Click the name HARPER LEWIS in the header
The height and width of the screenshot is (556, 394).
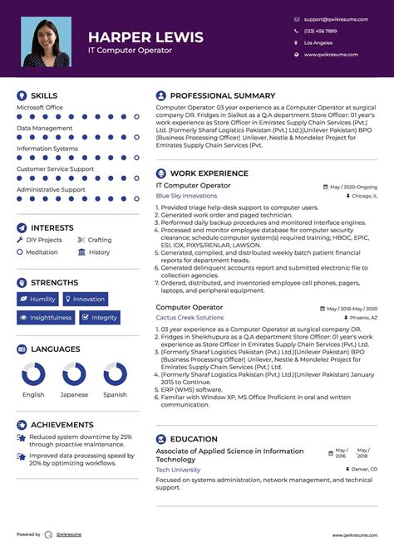145,37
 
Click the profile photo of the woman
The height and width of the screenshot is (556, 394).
46,42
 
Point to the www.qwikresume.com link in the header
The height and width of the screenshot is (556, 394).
331,55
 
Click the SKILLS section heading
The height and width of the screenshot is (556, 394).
44,95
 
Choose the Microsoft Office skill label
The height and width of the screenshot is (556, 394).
40,107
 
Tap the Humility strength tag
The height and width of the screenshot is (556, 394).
37,299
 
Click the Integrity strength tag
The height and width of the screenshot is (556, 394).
100,317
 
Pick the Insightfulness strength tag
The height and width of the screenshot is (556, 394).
46,317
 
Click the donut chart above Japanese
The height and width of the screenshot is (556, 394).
74,374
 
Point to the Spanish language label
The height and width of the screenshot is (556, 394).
115,394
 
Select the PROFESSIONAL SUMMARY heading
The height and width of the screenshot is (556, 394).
223,95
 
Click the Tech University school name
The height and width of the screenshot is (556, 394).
178,469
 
